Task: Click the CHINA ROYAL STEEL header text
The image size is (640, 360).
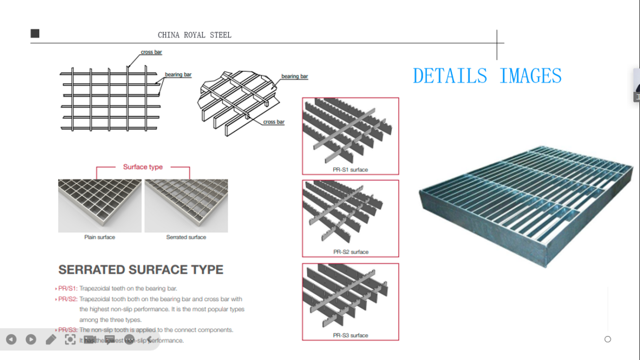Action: pos(194,35)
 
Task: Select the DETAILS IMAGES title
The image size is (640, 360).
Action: pos(487,76)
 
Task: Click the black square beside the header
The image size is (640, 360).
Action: pos(35,34)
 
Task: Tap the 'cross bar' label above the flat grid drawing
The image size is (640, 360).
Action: pos(151,52)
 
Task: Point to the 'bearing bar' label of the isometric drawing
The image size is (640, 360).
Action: pos(294,76)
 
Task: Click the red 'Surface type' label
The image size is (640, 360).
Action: pos(143,167)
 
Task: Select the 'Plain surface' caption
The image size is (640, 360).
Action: pos(99,237)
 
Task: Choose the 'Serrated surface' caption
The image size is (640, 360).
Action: pos(186,237)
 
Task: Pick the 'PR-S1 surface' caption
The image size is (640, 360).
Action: pos(350,170)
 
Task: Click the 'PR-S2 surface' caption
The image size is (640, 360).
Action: pos(351,252)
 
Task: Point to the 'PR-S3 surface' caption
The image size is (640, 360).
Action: pos(351,335)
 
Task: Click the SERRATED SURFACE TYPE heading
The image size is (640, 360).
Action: pos(141,270)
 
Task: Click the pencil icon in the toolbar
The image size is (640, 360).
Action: pos(50,340)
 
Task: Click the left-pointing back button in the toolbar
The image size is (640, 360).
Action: pos(11,340)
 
